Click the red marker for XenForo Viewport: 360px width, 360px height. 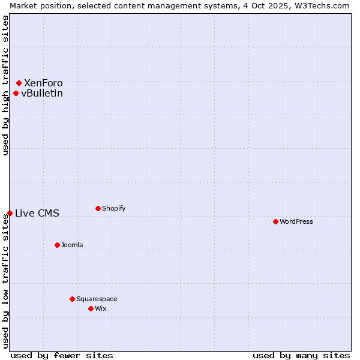click(19, 83)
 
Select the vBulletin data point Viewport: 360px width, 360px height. click(16, 93)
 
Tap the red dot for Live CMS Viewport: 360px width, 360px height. click(10, 213)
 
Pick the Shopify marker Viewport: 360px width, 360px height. click(98, 208)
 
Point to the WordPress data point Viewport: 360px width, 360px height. click(275, 221)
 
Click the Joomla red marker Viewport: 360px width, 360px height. click(57, 245)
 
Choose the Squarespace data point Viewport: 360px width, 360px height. click(72, 299)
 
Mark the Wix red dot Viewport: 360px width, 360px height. click(91, 308)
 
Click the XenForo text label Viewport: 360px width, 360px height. click(43, 83)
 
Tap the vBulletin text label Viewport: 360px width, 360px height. click(42, 93)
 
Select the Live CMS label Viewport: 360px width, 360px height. click(37, 213)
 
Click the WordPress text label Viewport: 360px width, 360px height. click(296, 221)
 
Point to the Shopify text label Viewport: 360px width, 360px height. click(114, 208)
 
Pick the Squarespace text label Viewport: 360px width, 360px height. click(97, 299)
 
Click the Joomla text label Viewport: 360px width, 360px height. click(72, 245)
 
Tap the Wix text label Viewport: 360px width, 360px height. click(100, 308)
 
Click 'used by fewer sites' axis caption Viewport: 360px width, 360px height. click(62, 355)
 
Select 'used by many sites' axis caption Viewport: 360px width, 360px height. click(301, 355)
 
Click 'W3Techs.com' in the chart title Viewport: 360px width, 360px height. click(322, 5)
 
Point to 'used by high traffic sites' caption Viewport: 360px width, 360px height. click(5, 85)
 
